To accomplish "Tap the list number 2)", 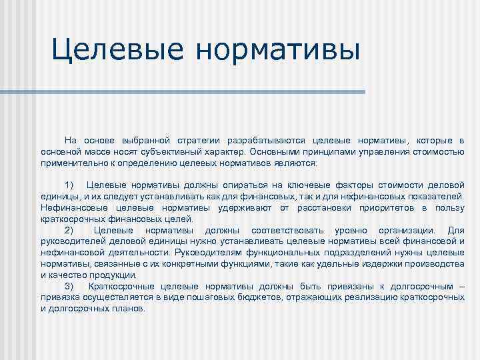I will (72, 230).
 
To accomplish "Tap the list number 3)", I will (72, 286).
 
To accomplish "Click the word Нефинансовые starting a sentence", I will (71, 208).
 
